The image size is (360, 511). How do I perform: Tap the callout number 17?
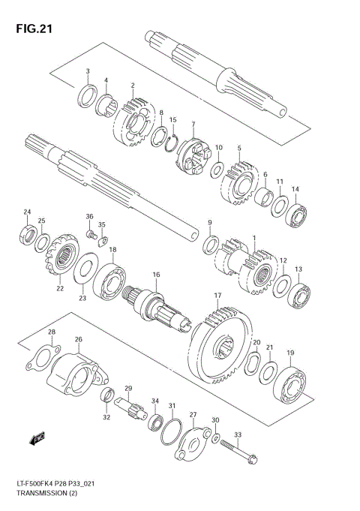click(x=217, y=296)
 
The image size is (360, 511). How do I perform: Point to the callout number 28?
click(x=52, y=332)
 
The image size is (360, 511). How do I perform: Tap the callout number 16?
click(x=157, y=275)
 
